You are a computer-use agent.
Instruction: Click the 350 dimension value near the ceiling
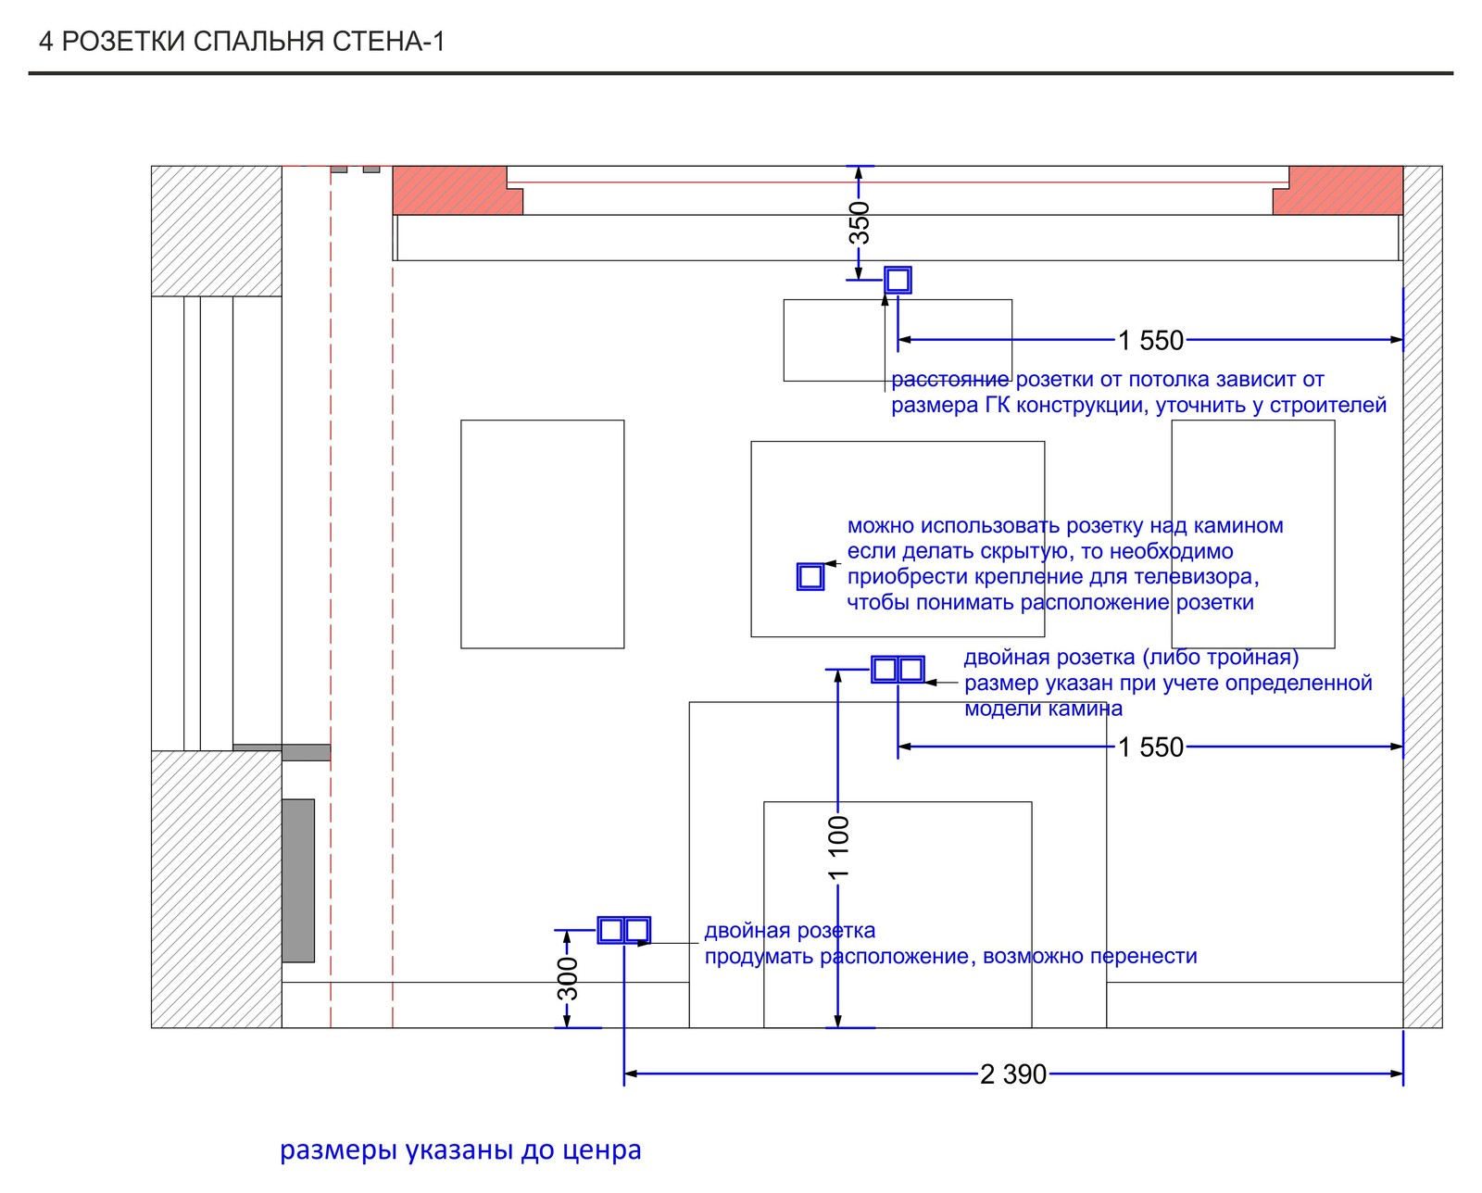pyautogui.click(x=859, y=222)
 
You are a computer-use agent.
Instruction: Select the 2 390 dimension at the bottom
pyautogui.click(x=1013, y=1074)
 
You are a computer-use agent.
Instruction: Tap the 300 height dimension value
pyautogui.click(x=568, y=979)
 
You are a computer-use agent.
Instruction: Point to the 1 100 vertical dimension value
pyautogui.click(x=838, y=848)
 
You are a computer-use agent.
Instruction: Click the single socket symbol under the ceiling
pyautogui.click(x=898, y=281)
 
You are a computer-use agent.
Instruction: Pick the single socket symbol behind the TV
pyautogui.click(x=810, y=576)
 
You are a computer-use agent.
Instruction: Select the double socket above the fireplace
pyautogui.click(x=898, y=670)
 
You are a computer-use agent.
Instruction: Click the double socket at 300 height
pyautogui.click(x=624, y=930)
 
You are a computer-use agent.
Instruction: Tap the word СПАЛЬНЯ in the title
pyautogui.click(x=258, y=42)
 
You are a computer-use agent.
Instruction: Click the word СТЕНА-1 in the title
pyautogui.click(x=388, y=42)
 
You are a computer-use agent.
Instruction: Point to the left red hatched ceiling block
pyautogui.click(x=458, y=190)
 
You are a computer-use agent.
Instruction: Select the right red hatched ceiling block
pyautogui.click(x=1338, y=190)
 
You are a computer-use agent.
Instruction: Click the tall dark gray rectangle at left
pyautogui.click(x=298, y=880)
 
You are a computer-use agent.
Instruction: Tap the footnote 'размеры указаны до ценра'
pyautogui.click(x=460, y=1149)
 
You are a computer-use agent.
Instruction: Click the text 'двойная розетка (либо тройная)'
pyautogui.click(x=1131, y=657)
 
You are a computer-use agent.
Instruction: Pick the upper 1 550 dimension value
pyautogui.click(x=1150, y=340)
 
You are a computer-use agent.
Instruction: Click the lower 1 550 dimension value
pyautogui.click(x=1150, y=747)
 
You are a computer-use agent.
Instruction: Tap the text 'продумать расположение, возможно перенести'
pyautogui.click(x=950, y=956)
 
